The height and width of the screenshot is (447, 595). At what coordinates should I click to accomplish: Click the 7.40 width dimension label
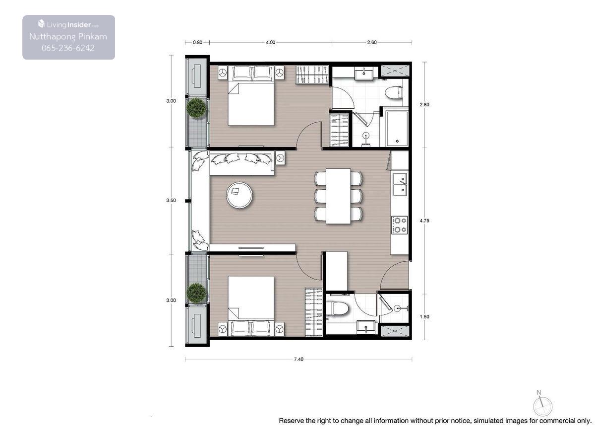[298, 359]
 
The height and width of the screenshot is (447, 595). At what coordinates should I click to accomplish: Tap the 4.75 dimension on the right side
[424, 221]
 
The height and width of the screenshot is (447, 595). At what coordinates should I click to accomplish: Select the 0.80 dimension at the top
[197, 42]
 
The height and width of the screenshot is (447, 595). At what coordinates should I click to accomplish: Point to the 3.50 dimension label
[171, 200]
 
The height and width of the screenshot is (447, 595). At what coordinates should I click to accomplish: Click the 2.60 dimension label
[372, 42]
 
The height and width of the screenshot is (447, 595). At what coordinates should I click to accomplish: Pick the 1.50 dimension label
[424, 316]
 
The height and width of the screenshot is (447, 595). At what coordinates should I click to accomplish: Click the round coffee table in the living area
[239, 195]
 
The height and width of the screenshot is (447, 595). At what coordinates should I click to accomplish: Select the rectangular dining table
[338, 196]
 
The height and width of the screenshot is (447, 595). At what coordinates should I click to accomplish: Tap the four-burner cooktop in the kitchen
[399, 225]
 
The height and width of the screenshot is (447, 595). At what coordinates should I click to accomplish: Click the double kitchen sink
[400, 185]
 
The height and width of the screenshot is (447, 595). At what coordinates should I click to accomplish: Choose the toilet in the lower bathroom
[337, 309]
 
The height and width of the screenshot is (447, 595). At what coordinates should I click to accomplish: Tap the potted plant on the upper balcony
[196, 108]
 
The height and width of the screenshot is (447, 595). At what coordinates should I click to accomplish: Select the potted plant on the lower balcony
[196, 293]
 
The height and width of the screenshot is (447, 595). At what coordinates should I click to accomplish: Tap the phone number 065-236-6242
[68, 48]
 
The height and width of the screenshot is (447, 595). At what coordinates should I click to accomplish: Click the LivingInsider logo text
[68, 24]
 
